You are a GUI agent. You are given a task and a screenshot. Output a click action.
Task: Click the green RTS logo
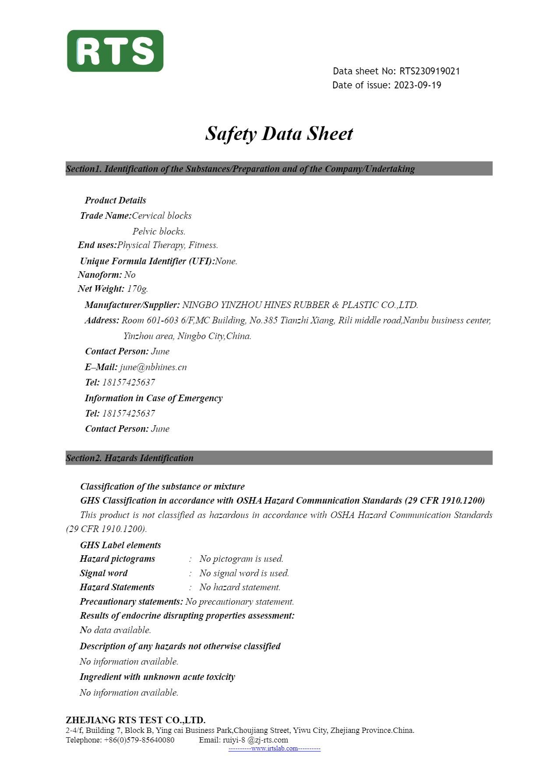[115, 51]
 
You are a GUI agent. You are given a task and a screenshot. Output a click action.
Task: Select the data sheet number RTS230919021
[429, 71]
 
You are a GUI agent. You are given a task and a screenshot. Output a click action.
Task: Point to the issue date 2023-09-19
[417, 85]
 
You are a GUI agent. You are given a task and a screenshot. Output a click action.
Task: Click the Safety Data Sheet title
[279, 133]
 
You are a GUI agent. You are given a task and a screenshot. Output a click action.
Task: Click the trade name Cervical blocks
[162, 216]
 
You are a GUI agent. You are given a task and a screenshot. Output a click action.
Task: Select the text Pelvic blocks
[159, 231]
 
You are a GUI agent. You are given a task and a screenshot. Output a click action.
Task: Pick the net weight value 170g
[138, 289]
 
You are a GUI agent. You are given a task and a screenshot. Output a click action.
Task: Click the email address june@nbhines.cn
[153, 367]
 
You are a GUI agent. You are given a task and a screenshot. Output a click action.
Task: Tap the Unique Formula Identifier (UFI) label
[147, 261]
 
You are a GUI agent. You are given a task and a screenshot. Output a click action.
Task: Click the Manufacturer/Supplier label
[132, 305]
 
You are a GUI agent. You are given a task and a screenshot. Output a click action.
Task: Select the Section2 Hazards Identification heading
[130, 458]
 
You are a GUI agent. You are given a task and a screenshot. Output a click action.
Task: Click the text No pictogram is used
[241, 559]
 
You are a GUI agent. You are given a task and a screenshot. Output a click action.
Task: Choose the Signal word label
[104, 573]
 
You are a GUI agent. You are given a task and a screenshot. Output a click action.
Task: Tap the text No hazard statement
[240, 587]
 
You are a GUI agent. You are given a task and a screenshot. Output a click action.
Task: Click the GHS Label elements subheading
[120, 545]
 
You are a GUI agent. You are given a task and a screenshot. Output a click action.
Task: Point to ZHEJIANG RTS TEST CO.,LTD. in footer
[136, 720]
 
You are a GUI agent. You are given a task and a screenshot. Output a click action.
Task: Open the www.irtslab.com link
[275, 749]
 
